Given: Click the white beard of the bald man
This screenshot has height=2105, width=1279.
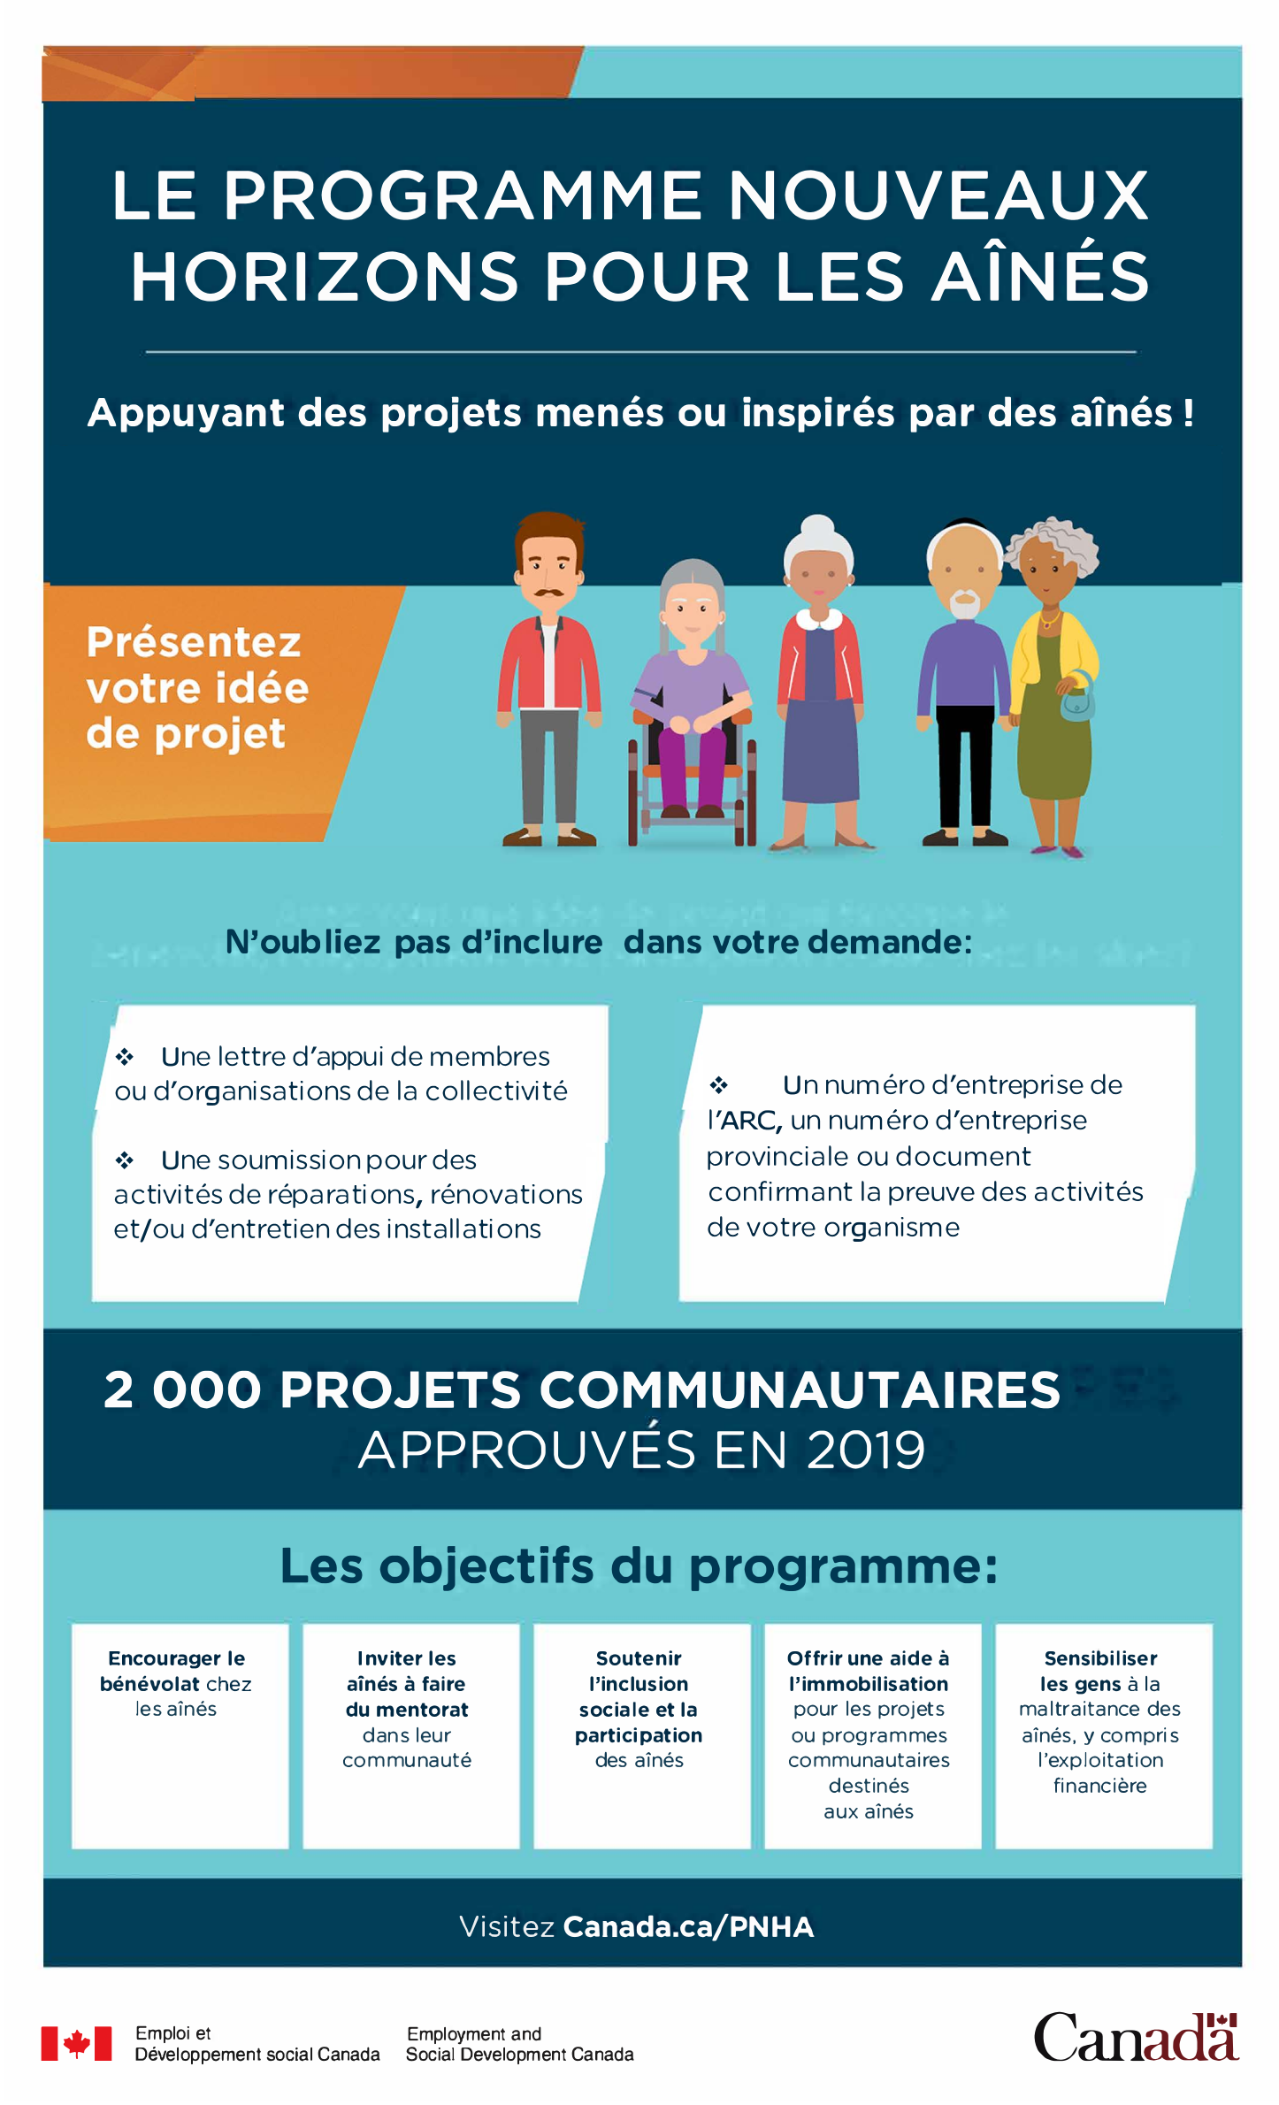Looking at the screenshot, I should (x=964, y=606).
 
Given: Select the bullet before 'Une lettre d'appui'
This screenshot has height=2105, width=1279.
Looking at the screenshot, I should (x=125, y=1057).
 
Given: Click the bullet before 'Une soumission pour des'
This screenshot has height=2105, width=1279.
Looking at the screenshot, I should (x=125, y=1160).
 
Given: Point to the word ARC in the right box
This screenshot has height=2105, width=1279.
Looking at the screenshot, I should (x=750, y=1121).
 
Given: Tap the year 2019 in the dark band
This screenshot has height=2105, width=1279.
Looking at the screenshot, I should (x=865, y=1451).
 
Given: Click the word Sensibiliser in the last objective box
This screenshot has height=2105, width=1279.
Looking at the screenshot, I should (x=1100, y=1658).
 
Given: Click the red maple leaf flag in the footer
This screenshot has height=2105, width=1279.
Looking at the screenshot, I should (x=77, y=2043).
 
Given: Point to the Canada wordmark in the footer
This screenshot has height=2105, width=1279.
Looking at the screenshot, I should (x=1136, y=2038).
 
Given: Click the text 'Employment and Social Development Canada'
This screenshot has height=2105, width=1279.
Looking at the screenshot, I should (x=519, y=2043).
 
